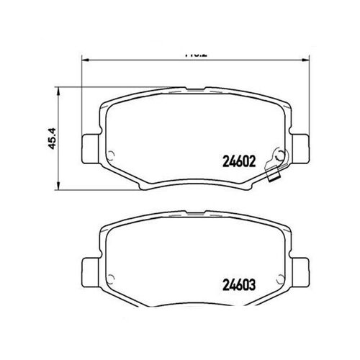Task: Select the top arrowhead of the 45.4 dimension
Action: [58, 90]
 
